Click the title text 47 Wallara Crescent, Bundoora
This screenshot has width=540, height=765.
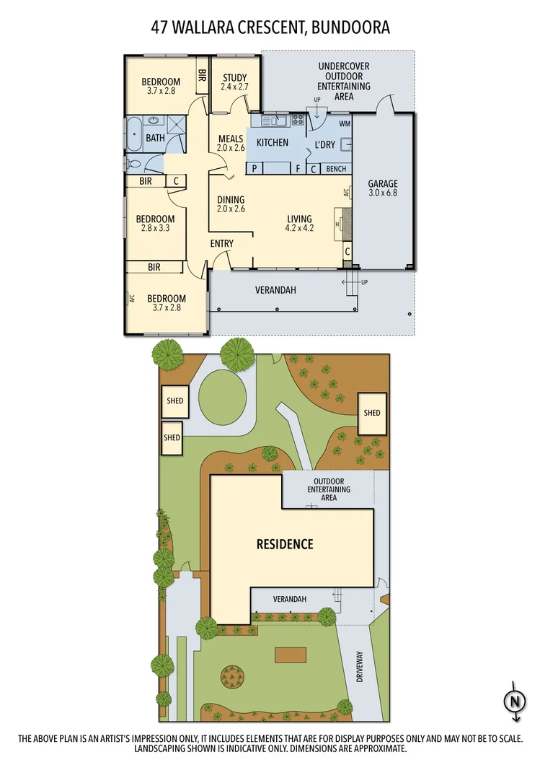[x=270, y=27]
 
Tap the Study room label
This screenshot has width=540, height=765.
[x=234, y=82]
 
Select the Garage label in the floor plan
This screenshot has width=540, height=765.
[x=382, y=188]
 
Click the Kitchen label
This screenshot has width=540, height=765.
[x=273, y=143]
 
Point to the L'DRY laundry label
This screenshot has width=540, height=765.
[x=325, y=144]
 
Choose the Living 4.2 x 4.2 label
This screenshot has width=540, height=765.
[x=299, y=224]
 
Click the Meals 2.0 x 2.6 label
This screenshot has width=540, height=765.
[x=231, y=143]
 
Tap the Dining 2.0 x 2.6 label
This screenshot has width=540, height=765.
[x=231, y=204]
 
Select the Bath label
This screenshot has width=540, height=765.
[x=155, y=138]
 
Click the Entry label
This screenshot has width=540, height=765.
[x=222, y=244]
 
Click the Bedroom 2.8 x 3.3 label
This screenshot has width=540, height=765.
[x=156, y=223]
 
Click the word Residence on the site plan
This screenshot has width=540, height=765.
[x=285, y=543]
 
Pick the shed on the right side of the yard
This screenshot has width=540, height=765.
[x=372, y=414]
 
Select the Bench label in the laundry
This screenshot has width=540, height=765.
[x=336, y=169]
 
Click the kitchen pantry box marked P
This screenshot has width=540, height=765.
[x=255, y=169]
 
